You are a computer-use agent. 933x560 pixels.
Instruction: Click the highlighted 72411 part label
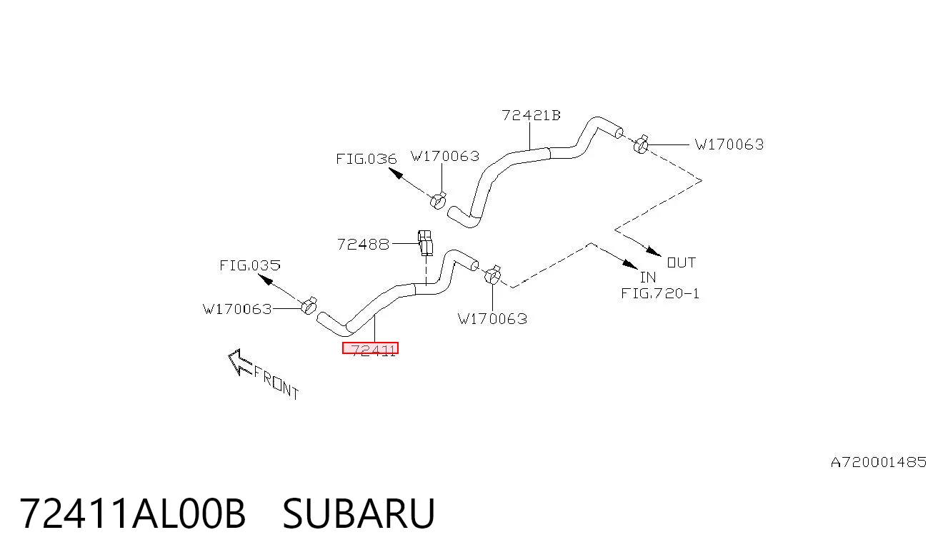[370, 348]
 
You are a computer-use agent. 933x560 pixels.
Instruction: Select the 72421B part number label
[531, 115]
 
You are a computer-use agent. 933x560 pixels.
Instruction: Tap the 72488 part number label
[363, 245]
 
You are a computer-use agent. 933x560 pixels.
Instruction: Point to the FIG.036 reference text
[366, 159]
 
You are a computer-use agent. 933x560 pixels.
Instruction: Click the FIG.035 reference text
[250, 265]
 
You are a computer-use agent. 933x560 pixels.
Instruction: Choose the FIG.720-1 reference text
[660, 293]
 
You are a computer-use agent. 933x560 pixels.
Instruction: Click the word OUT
[682, 262]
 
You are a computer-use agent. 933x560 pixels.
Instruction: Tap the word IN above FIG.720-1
[648, 277]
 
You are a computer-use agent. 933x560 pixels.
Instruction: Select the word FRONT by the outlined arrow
[276, 383]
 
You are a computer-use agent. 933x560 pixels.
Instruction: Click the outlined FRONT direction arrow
[240, 362]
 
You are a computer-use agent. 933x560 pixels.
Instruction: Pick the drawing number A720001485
[879, 463]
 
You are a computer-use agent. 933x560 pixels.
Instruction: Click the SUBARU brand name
[359, 514]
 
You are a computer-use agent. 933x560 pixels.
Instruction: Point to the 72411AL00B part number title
[132, 514]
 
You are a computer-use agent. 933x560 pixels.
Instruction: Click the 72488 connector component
[425, 242]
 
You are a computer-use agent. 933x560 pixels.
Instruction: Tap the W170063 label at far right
[729, 144]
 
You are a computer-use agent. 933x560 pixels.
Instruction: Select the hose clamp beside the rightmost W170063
[641, 144]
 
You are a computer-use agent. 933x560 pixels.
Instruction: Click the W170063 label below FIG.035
[237, 310]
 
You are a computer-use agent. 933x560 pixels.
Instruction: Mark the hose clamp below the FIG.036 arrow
[438, 200]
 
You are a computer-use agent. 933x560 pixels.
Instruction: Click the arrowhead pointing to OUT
[654, 252]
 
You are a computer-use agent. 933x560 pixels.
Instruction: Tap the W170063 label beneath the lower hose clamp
[492, 319]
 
